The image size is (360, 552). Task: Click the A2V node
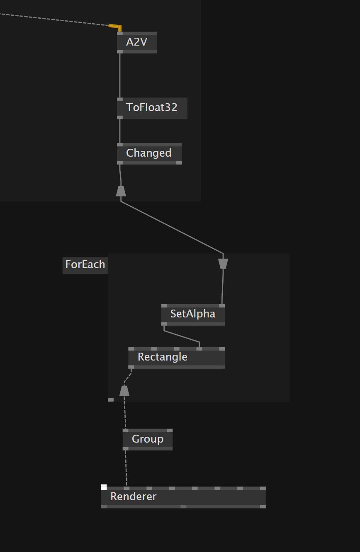tap(136, 42)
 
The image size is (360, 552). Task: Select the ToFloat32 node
tap(152, 108)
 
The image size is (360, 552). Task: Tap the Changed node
tap(149, 153)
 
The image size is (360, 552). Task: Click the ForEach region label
tap(85, 264)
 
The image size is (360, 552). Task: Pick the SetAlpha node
tap(193, 314)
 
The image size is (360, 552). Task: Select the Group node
tap(147, 439)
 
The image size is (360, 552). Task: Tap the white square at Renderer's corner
tap(104, 487)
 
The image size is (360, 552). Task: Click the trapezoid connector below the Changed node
tap(121, 191)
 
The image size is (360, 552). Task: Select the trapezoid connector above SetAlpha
tap(223, 264)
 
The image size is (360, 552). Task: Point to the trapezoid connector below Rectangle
tap(124, 391)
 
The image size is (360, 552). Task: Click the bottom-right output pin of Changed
tap(179, 163)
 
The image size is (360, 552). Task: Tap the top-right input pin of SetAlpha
tap(222, 306)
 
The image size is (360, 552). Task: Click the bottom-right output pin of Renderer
tap(263, 506)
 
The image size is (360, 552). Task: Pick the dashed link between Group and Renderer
tap(126, 468)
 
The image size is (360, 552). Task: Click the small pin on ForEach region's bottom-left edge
tap(111, 400)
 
